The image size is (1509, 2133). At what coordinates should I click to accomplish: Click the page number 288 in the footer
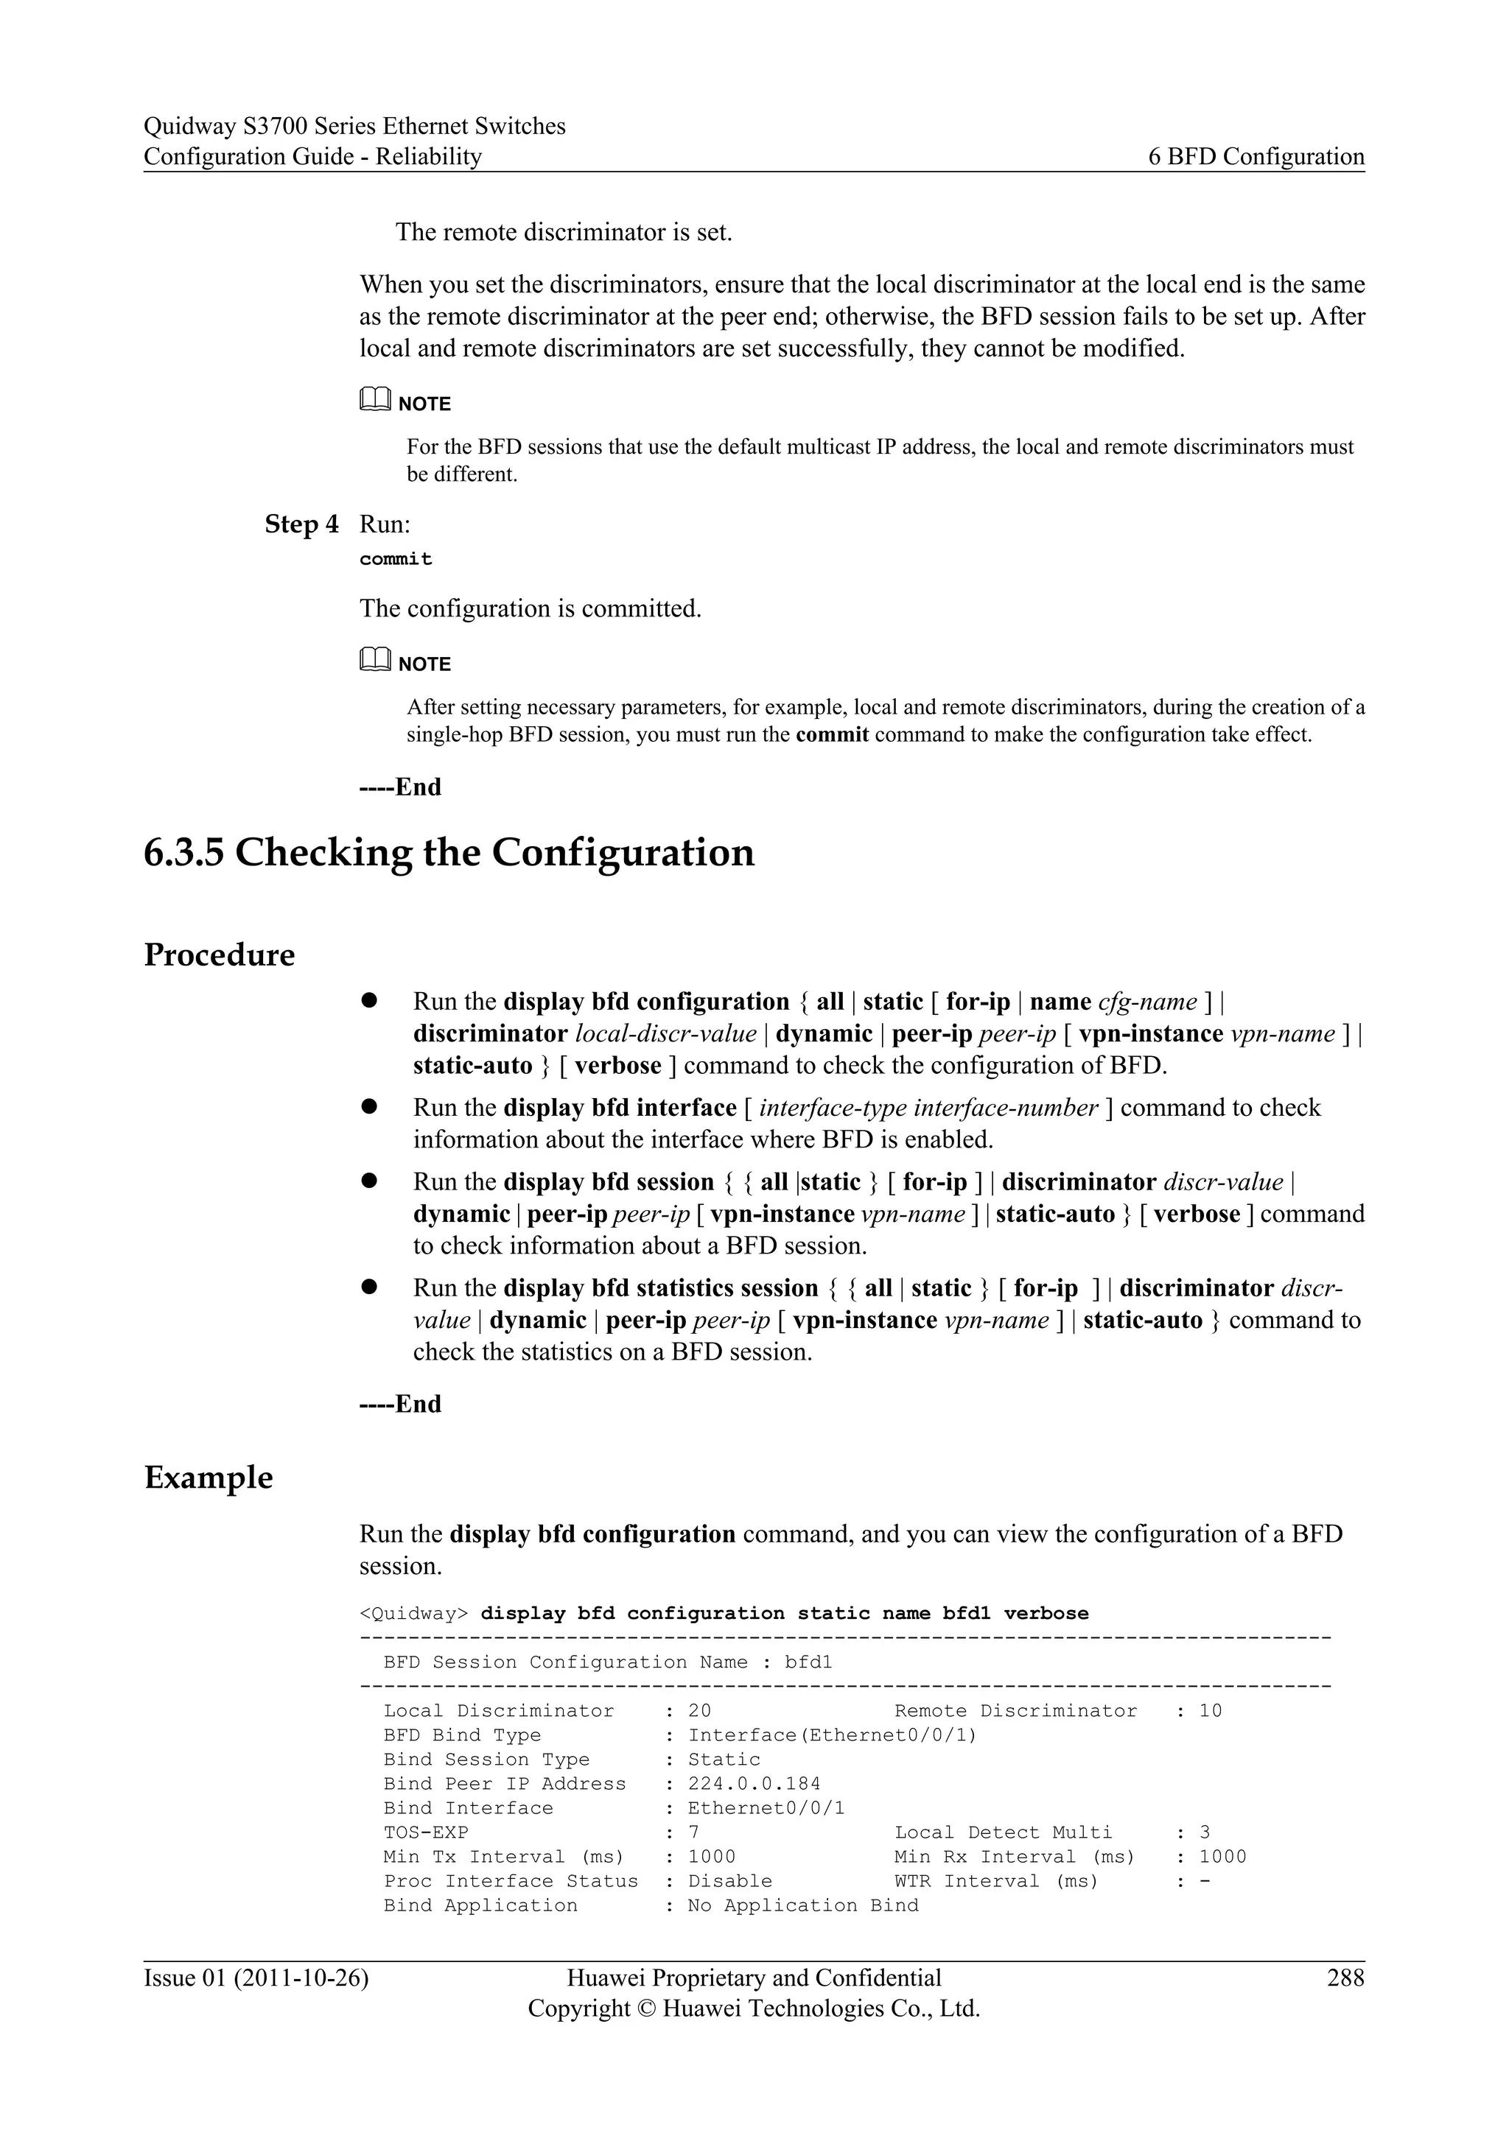1345,1977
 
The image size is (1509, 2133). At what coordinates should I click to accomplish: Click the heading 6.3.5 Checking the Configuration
449,853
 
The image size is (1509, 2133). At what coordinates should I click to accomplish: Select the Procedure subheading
220,955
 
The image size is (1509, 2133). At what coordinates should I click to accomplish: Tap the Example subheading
208,1478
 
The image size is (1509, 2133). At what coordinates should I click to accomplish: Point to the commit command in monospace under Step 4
396,559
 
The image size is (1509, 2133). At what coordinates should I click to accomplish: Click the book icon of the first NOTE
374,401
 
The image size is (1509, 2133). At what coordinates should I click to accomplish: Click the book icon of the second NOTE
374,661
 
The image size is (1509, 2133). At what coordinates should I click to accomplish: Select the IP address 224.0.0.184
754,1784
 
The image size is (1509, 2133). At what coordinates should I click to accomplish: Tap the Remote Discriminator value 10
1210,1710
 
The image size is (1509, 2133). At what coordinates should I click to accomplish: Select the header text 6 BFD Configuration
1256,157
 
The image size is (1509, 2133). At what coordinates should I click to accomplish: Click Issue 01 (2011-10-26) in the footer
256,1977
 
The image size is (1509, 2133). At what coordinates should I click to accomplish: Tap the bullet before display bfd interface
368,1106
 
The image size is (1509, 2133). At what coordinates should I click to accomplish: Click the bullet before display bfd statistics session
368,1287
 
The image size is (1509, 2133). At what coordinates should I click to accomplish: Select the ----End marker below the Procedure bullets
401,1404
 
